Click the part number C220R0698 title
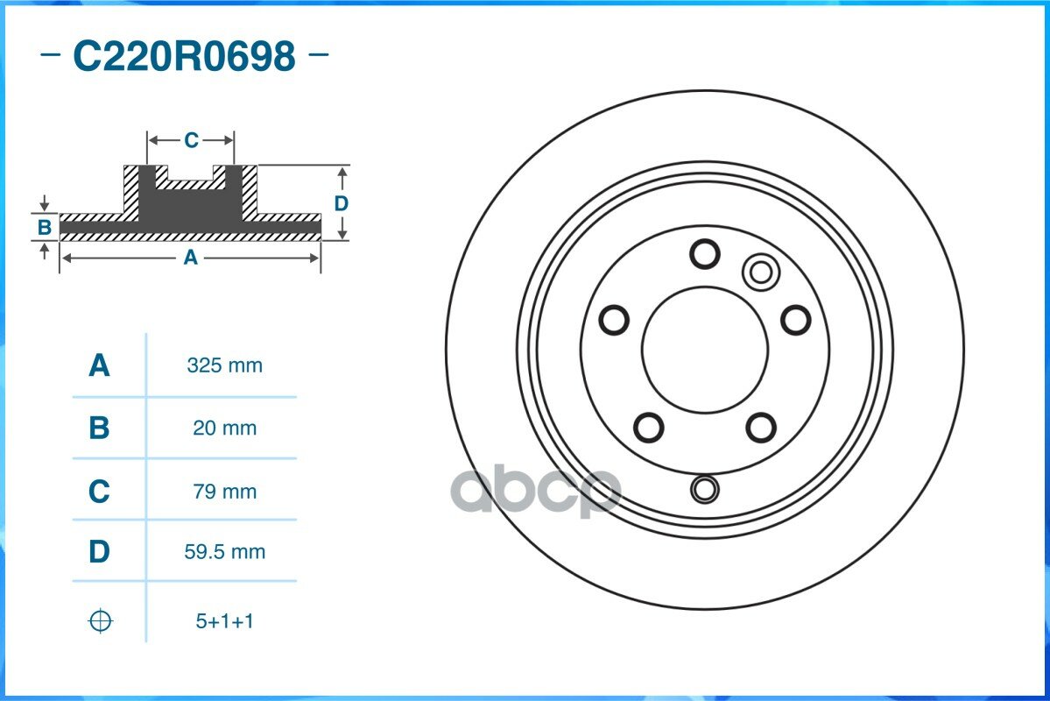(184, 55)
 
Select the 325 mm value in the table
(224, 365)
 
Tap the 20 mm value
(224, 428)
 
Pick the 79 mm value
(224, 492)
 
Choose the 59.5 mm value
(224, 551)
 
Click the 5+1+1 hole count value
(224, 621)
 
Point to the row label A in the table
(99, 366)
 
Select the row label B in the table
(99, 428)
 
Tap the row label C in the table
(99, 492)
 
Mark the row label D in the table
(99, 551)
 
